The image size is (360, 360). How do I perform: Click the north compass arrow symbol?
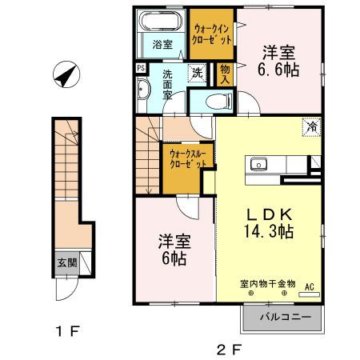click(64, 77)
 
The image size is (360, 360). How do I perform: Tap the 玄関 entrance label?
click(66, 262)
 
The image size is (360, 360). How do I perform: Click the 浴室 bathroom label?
click(162, 45)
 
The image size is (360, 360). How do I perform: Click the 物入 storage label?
click(226, 74)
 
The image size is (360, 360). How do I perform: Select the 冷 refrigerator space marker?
click(312, 126)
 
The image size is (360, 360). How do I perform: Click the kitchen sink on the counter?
click(259, 165)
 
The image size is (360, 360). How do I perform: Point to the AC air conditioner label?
click(309, 286)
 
